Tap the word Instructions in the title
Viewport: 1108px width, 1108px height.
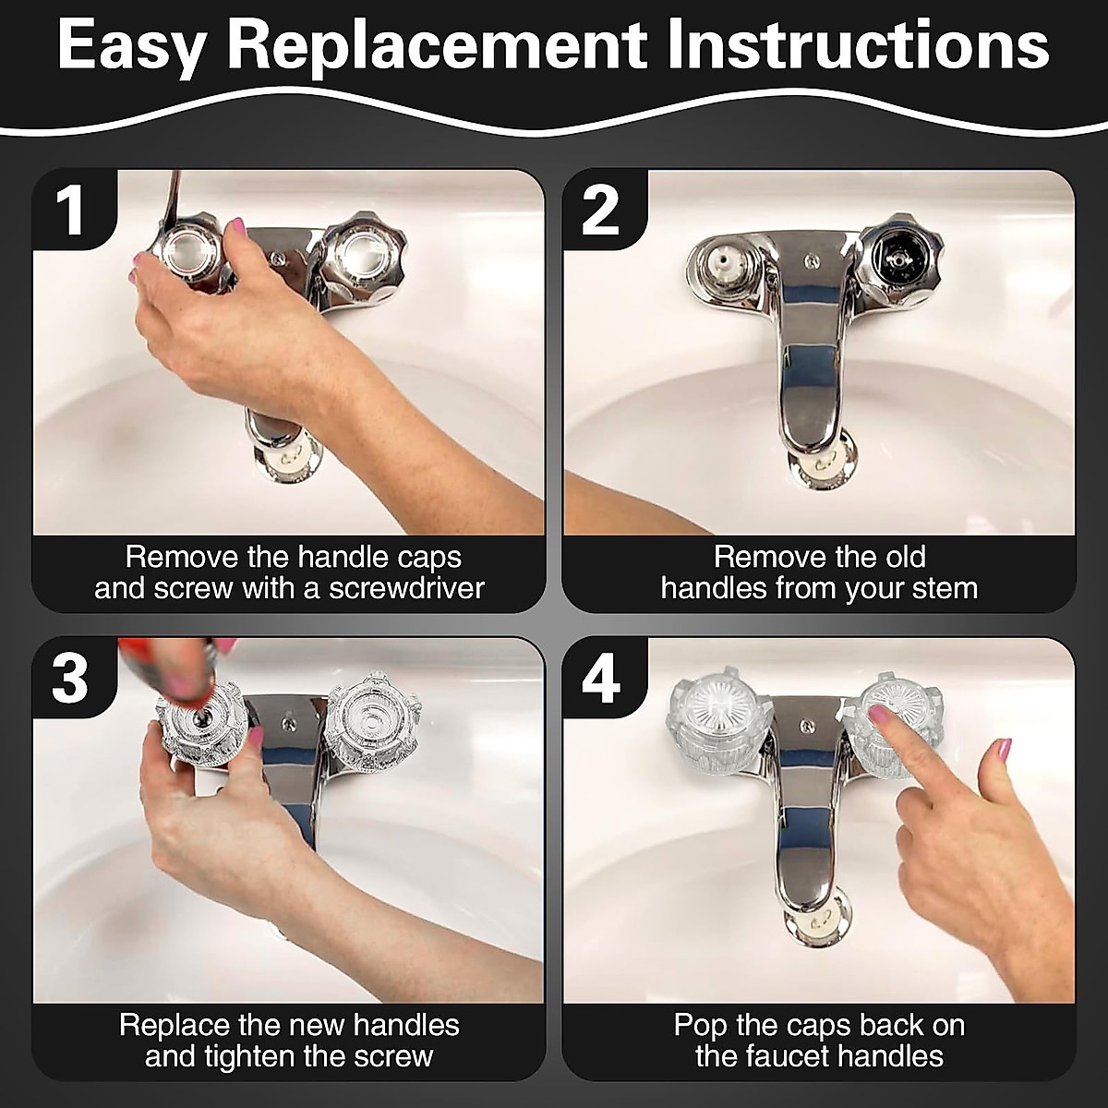point(859,44)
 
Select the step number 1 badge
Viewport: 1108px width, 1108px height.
point(72,210)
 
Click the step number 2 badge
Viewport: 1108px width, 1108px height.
point(602,210)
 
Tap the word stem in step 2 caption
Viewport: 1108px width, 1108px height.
point(945,588)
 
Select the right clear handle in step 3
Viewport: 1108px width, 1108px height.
point(370,723)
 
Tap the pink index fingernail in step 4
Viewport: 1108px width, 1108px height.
point(878,714)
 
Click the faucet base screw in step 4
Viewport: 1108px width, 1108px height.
point(808,727)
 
